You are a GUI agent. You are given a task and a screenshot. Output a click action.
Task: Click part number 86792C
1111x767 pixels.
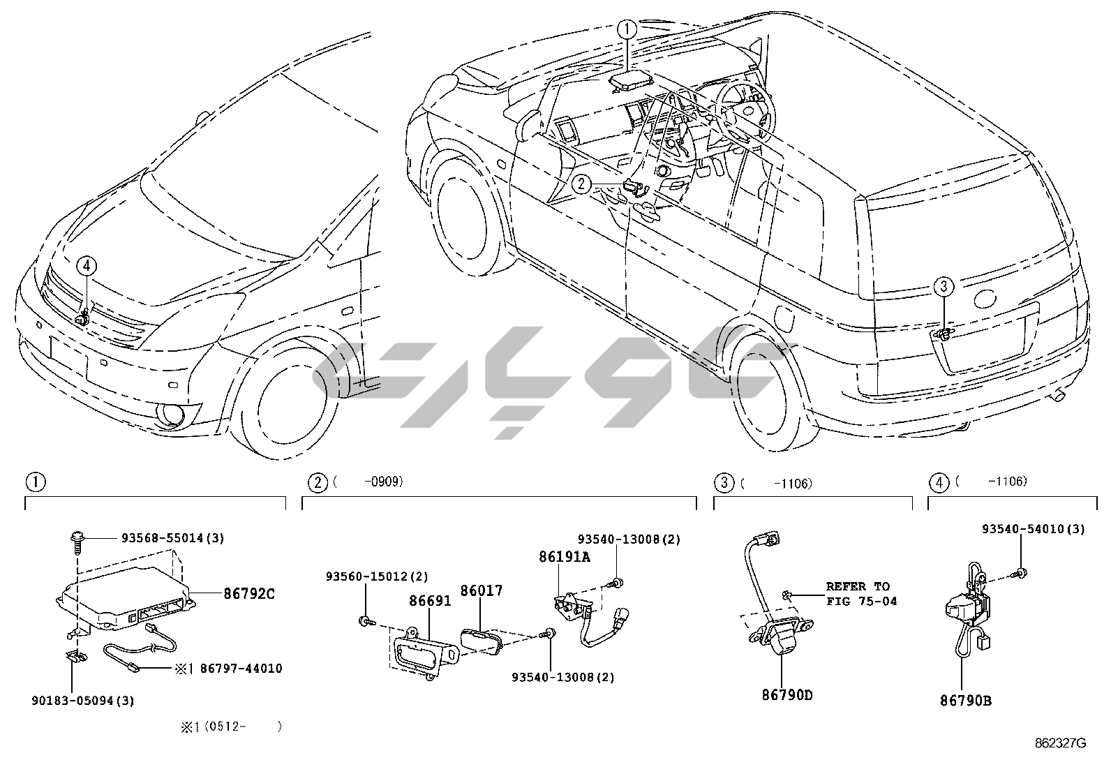tap(249, 594)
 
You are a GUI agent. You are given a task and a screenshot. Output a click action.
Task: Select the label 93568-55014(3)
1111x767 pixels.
tap(172, 538)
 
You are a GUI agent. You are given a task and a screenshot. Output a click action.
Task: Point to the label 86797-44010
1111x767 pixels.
tap(241, 669)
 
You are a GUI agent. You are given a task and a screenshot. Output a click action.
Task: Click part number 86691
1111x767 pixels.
tap(430, 600)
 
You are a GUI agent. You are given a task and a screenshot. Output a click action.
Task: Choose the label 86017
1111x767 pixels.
tap(481, 591)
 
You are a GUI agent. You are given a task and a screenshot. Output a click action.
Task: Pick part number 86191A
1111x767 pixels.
tap(564, 557)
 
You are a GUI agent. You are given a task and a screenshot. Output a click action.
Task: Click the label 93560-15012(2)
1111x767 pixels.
tap(377, 576)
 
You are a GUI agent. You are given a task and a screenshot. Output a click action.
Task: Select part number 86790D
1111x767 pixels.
tap(786, 695)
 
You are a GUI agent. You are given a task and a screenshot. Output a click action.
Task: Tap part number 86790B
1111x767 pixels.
tap(965, 700)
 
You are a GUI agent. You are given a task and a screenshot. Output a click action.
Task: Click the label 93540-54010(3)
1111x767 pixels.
tap(1034, 529)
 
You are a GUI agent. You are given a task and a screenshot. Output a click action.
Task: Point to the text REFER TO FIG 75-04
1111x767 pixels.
tap(861, 594)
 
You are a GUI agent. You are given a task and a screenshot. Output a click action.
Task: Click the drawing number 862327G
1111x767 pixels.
tap(1060, 744)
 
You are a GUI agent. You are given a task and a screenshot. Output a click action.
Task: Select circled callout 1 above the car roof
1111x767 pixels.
tap(627, 29)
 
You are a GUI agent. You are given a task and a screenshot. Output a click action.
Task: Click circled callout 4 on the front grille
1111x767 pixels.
tap(86, 266)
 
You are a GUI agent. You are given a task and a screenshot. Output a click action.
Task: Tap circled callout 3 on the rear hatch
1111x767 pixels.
tap(943, 286)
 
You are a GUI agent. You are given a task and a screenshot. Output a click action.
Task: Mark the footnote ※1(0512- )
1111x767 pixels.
tap(231, 727)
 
